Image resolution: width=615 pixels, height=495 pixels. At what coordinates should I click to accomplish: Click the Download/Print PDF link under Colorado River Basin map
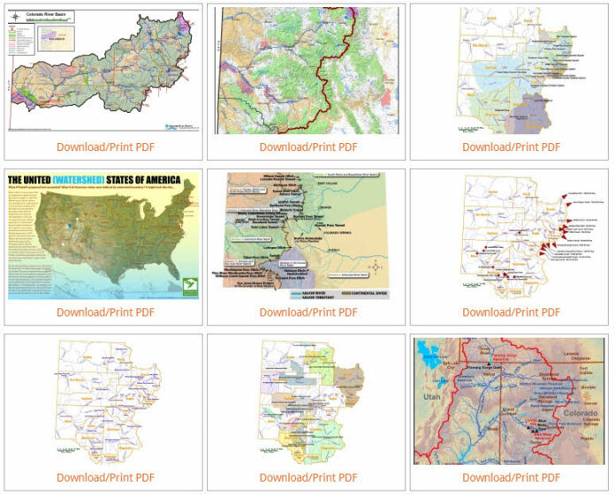[x=105, y=146]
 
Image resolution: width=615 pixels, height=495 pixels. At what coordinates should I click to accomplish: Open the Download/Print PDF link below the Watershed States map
[x=105, y=312]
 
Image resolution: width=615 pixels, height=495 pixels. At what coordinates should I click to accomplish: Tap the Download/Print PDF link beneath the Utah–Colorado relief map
[x=511, y=477]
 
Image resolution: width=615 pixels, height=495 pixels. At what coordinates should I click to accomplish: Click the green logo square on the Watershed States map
[x=185, y=284]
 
